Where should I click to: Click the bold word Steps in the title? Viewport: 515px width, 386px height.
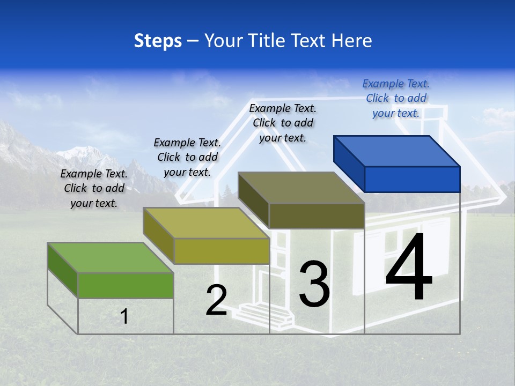pos(158,41)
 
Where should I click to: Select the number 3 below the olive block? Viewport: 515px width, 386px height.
pos(314,284)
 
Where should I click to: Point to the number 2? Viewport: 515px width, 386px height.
pos(217,300)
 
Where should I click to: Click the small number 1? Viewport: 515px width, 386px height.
pos(124,316)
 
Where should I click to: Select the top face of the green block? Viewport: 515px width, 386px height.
pos(111,257)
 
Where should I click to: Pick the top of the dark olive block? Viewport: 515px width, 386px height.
pos(301,188)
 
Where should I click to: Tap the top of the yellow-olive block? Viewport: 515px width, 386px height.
pos(206,222)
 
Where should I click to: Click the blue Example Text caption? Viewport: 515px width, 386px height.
pos(396,98)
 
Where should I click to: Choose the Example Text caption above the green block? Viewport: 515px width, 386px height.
pos(94,188)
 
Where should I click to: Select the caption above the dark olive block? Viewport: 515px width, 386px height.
pos(283,123)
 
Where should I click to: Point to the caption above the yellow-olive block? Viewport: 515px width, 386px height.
pos(187,157)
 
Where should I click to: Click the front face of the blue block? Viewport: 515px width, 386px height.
pos(412,179)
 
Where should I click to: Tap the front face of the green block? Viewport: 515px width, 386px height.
pos(126,285)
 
